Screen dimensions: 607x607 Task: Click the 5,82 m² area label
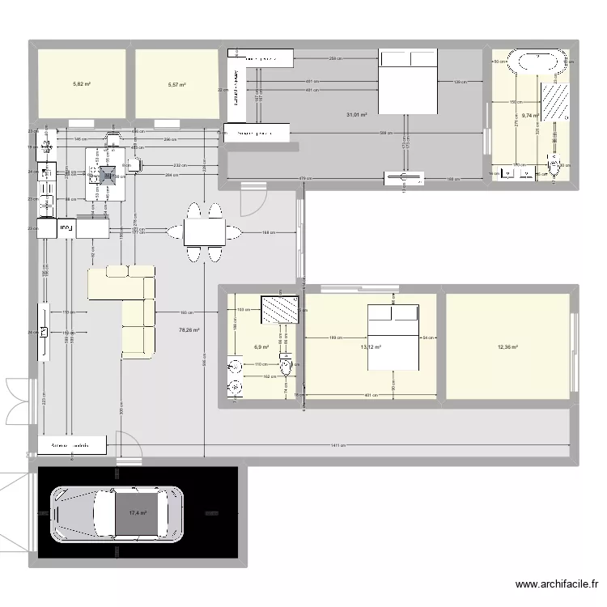click(81, 84)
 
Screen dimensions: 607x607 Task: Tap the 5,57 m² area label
click(176, 84)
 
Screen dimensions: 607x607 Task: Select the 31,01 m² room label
click(357, 115)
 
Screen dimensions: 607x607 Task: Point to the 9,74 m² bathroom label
click(530, 116)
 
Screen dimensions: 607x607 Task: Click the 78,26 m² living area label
click(189, 329)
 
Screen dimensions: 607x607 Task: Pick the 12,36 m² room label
click(508, 348)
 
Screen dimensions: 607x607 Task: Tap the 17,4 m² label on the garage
click(137, 513)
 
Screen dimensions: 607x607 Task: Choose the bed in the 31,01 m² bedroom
click(409, 81)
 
